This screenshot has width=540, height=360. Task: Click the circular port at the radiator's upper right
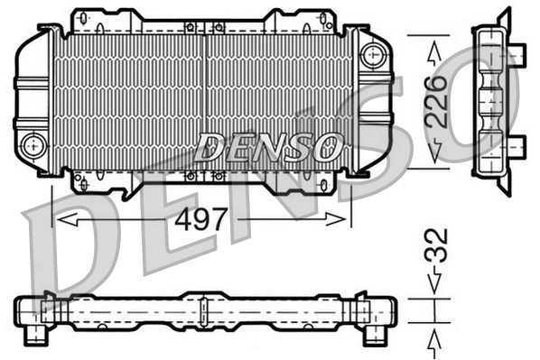point(371,53)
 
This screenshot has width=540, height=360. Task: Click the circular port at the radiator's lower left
point(33,143)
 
